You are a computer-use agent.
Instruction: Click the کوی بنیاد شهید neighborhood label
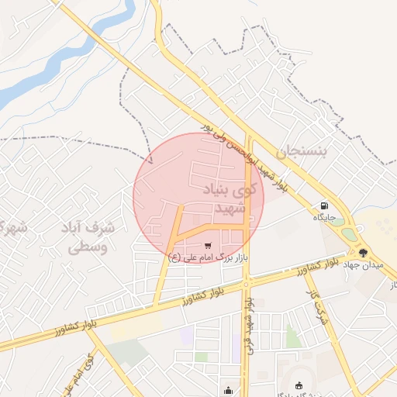pos(224,198)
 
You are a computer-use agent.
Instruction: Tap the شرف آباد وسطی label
pos(88,238)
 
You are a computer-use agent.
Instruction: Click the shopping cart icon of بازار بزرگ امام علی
pos(206,245)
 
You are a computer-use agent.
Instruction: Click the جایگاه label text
pos(323,217)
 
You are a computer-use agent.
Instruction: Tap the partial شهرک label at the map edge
pos(11,228)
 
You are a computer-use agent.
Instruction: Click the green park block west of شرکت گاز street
pos(292,337)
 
